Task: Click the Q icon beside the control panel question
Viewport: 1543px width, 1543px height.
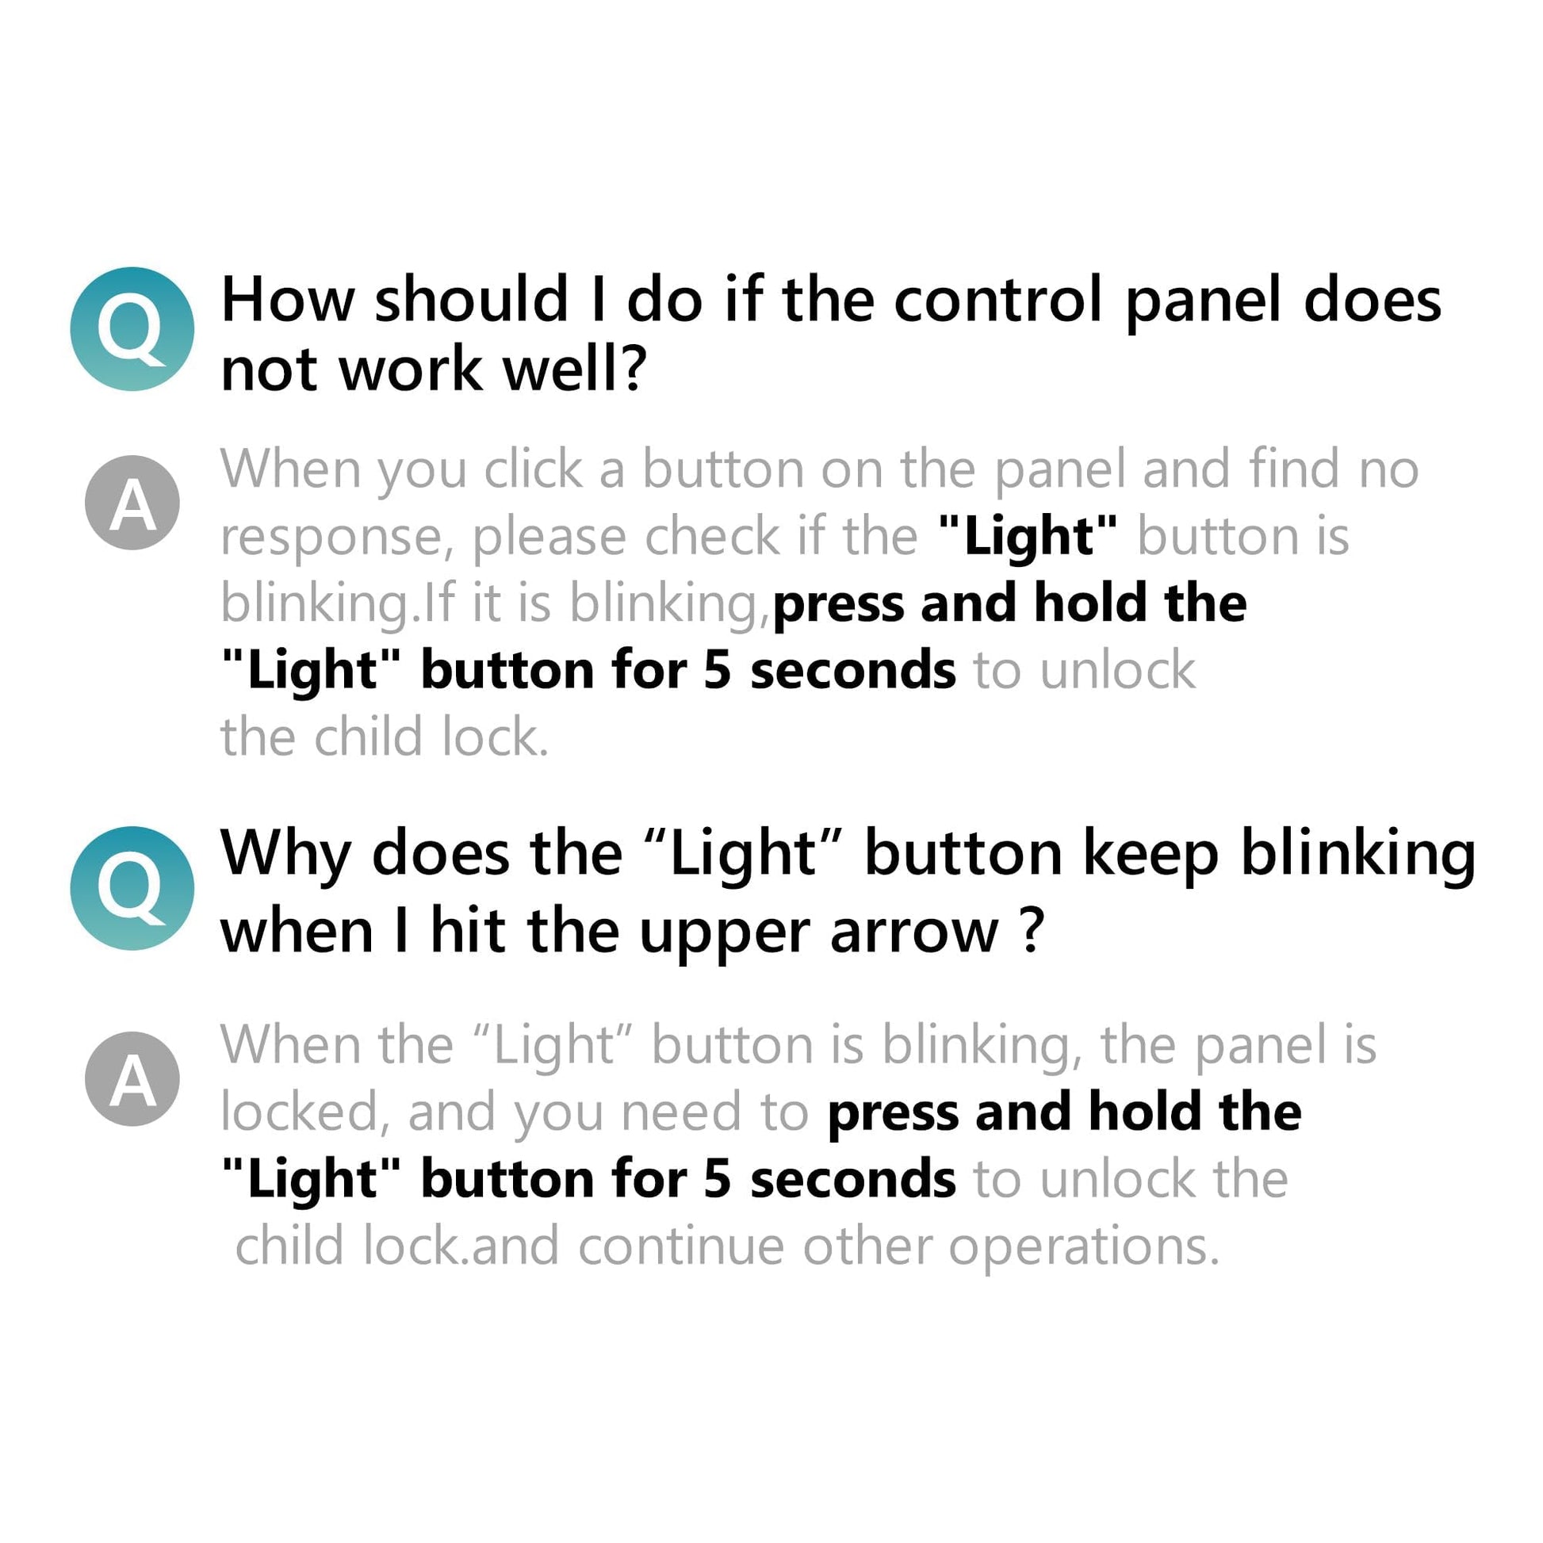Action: pyautogui.click(x=132, y=329)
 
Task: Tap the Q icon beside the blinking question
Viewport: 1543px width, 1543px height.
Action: pyautogui.click(x=132, y=888)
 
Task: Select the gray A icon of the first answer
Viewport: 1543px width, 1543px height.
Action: pyautogui.click(x=132, y=503)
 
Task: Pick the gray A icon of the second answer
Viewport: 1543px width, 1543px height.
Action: pyautogui.click(x=132, y=1079)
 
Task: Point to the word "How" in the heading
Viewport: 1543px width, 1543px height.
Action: pyautogui.click(x=288, y=301)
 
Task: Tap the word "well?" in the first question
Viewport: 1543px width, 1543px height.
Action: pyautogui.click(x=572, y=369)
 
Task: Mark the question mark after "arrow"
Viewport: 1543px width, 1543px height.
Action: pyautogui.click(x=1032, y=930)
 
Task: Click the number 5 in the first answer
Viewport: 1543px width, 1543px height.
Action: pyautogui.click(x=718, y=671)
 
